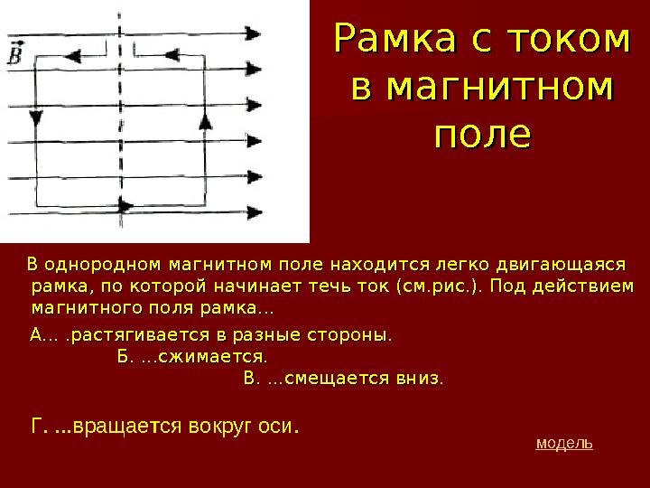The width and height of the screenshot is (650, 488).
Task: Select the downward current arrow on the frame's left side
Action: point(35,118)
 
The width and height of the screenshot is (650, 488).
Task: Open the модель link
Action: point(564,444)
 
